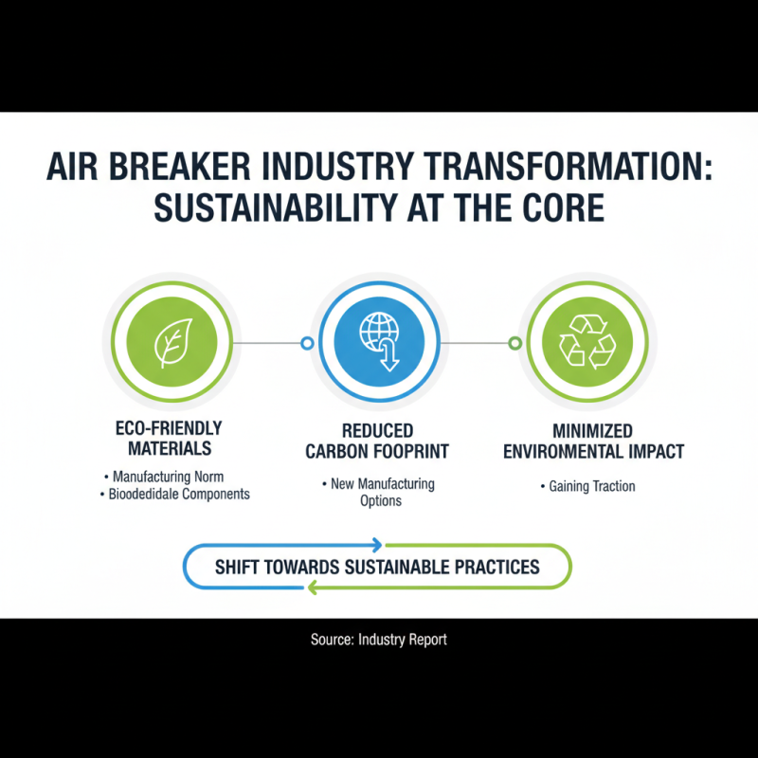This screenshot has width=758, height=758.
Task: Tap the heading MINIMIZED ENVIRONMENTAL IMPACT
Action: pos(593,442)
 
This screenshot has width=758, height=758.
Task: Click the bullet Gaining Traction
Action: pos(592,486)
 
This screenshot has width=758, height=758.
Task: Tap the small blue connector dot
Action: pos(306,343)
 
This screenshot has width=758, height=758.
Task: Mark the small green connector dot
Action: pos(514,343)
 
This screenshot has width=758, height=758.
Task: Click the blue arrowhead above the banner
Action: pos(377,545)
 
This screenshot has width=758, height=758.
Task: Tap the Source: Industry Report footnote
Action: pos(378,640)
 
